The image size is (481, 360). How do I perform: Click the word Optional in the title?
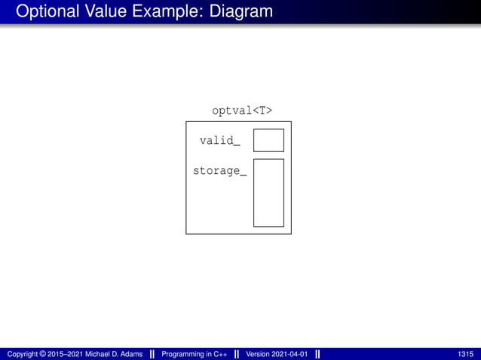[x=46, y=12]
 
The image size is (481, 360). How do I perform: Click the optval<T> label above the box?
[x=242, y=111]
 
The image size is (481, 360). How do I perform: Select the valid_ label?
[x=220, y=141]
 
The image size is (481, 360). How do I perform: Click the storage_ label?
[x=219, y=171]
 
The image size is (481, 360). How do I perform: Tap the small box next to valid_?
[x=268, y=140]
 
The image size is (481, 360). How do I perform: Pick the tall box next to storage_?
[x=268, y=192]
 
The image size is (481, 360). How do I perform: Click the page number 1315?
[x=465, y=354]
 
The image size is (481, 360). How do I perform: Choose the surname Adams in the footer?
[x=131, y=354]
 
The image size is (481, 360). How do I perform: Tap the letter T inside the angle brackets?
[x=261, y=111]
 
